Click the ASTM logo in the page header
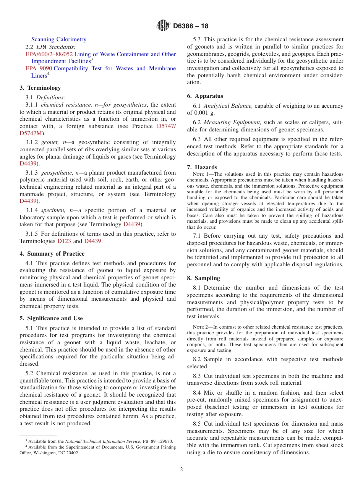pyautogui.click(x=163, y=26)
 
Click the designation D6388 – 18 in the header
pyautogui.click(x=191, y=26)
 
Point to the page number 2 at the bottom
pyautogui.click(x=181, y=470)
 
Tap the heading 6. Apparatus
pyautogui.click(x=205, y=96)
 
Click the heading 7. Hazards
pyautogui.click(x=202, y=167)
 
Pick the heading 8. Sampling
pyautogui.click(x=204, y=278)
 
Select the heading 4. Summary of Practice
pyautogui.click(x=52, y=253)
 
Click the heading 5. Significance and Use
pyautogui.click(x=51, y=318)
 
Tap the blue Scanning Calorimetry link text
pyautogui.click(x=59, y=39)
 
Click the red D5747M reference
pyautogui.click(x=31, y=133)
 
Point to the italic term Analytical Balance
pyautogui.click(x=228, y=106)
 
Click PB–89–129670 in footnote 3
pyautogui.click(x=157, y=441)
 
